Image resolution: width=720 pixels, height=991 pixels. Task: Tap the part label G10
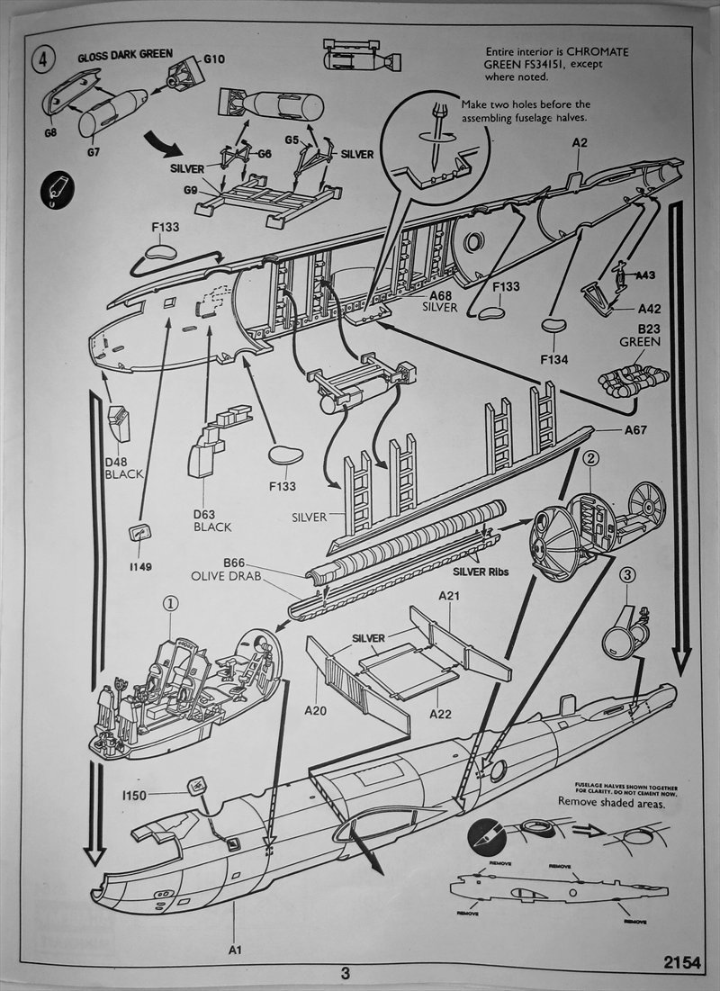coord(214,59)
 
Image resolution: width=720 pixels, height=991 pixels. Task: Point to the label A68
coord(441,295)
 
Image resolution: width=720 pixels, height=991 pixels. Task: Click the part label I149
coord(139,566)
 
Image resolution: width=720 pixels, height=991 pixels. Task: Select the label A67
coord(637,429)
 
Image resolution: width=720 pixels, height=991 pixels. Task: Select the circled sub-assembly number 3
coord(629,572)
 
